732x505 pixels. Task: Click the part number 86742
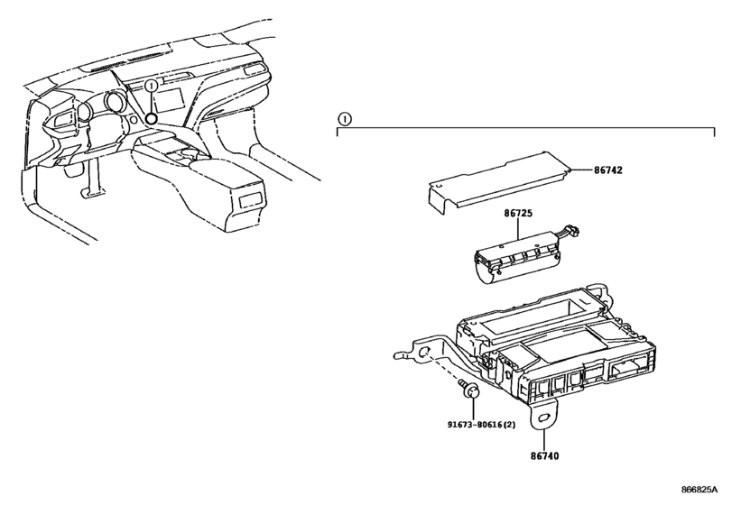pos(607,170)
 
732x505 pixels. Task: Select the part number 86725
pos(518,213)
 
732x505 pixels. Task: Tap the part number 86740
pos(544,455)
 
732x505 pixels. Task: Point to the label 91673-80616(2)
pos(481,425)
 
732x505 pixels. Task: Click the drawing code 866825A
pos(699,490)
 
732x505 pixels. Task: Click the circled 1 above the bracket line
pos(345,119)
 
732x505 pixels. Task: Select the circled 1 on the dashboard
pos(151,86)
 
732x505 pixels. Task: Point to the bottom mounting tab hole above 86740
pos(544,419)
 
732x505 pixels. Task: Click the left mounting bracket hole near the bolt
pos(424,352)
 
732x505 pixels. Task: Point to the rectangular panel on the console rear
pos(252,200)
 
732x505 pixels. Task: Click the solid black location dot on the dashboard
pos(151,118)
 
